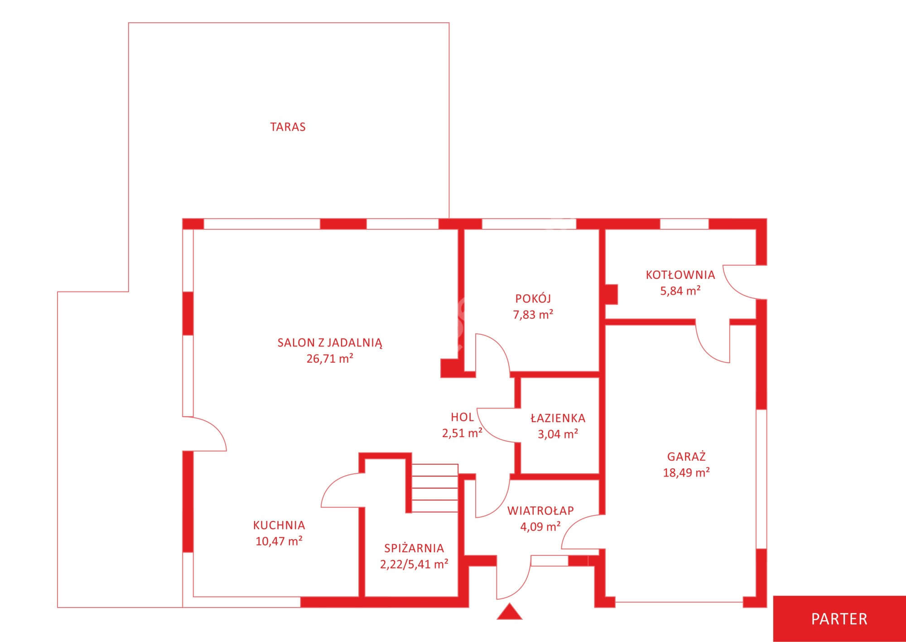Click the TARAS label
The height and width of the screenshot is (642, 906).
tap(288, 127)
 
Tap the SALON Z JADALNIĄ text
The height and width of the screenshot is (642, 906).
tap(330, 343)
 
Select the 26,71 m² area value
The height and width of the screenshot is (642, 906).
tap(330, 359)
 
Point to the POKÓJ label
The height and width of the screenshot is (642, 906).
tap(533, 298)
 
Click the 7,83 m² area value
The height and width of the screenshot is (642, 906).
tap(533, 314)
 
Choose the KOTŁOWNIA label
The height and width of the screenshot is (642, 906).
tap(680, 275)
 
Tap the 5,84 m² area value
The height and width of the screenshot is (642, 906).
tap(680, 291)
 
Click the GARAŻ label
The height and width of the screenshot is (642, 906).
tap(686, 457)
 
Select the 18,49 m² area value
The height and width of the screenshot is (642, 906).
tap(686, 472)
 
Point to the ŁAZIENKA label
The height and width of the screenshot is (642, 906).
tap(558, 418)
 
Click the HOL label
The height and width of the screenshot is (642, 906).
tap(462, 417)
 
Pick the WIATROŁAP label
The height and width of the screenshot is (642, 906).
tap(540, 511)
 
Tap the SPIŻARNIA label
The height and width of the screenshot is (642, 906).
tap(414, 548)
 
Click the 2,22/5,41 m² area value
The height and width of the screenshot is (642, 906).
tap(414, 564)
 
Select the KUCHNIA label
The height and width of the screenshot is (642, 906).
tap(279, 525)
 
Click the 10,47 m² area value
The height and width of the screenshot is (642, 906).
tap(279, 541)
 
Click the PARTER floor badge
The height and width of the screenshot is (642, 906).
tap(839, 619)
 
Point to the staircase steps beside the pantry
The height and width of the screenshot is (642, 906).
tap(435, 488)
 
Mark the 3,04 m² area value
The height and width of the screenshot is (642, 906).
tap(558, 434)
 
